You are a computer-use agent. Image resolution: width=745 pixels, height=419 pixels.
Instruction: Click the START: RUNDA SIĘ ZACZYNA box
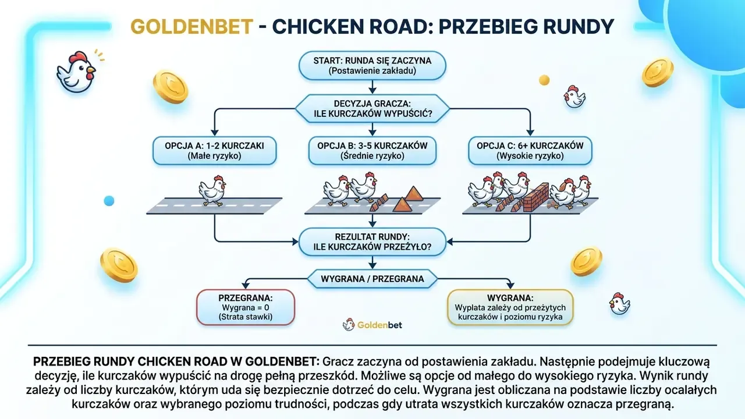(x=372, y=66)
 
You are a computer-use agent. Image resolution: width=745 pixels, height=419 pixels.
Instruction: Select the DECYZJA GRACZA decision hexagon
(x=372, y=108)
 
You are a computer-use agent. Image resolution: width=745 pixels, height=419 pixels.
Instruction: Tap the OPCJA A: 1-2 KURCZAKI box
(x=215, y=151)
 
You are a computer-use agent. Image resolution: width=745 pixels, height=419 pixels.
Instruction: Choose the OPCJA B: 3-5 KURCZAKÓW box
(x=372, y=151)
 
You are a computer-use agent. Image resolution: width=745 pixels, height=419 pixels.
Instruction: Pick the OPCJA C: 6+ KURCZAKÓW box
(x=530, y=151)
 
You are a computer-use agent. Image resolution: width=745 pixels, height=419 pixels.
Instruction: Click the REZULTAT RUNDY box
(x=372, y=242)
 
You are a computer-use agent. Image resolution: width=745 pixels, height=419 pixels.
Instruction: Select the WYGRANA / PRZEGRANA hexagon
(x=372, y=279)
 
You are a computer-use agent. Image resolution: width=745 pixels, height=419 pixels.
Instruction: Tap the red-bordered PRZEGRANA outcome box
(x=246, y=307)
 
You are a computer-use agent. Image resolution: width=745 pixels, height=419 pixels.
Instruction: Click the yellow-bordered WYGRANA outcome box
(x=510, y=307)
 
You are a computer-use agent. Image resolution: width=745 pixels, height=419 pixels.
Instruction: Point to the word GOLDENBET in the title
(x=192, y=27)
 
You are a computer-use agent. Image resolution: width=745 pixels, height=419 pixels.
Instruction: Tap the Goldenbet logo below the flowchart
(x=372, y=325)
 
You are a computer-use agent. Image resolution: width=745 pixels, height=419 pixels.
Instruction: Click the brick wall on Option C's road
(x=536, y=197)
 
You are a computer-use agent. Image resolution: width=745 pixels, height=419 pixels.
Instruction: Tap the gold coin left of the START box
(x=171, y=87)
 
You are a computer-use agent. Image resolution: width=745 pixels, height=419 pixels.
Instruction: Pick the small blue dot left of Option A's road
(x=109, y=201)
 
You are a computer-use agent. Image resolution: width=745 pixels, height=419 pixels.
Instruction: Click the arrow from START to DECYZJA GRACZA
(x=372, y=87)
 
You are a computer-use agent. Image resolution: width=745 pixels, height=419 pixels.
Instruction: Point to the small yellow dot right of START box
(x=544, y=80)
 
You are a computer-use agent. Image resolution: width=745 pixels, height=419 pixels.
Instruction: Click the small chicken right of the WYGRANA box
(x=619, y=304)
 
